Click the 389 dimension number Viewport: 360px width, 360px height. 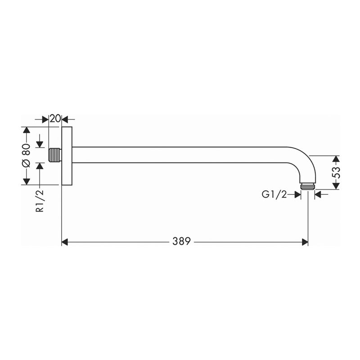[x=181, y=241]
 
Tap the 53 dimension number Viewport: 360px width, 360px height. [x=336, y=172]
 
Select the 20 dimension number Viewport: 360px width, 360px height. [x=55, y=119]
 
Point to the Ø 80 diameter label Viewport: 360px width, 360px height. [x=26, y=155]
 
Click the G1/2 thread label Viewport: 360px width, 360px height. [x=274, y=195]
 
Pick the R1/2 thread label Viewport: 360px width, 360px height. [x=40, y=201]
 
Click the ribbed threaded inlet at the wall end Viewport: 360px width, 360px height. [x=55, y=155]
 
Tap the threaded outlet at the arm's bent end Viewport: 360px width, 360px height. [x=307, y=186]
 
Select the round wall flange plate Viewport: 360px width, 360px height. [x=67, y=156]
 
